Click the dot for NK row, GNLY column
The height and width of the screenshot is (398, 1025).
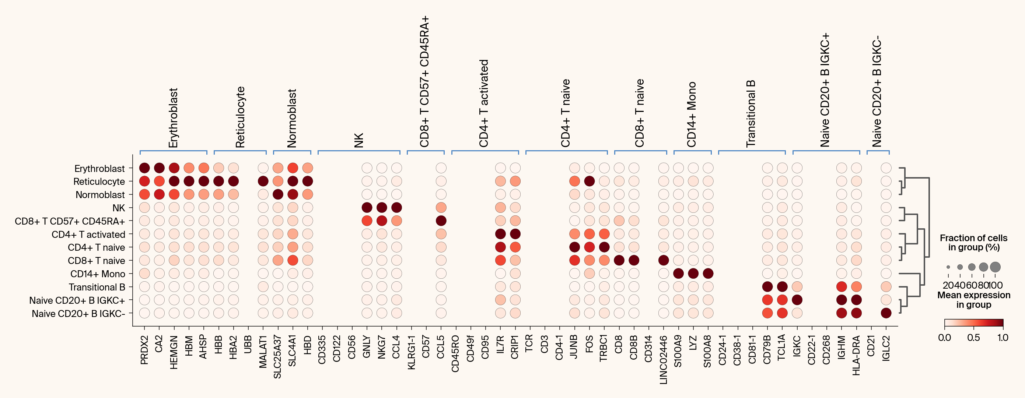point(367,208)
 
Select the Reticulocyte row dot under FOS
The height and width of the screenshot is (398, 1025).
point(589,181)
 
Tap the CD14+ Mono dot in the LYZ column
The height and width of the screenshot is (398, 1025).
point(693,274)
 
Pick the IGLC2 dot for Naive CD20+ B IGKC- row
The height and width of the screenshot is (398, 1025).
point(886,313)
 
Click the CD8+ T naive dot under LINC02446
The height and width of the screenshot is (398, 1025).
point(663,260)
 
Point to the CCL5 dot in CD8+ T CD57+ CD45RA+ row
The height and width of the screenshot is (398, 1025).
point(441,221)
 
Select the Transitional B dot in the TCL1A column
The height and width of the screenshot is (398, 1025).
point(782,287)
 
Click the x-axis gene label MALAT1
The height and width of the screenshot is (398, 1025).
point(263,352)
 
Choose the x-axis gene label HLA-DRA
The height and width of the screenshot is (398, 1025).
point(856,355)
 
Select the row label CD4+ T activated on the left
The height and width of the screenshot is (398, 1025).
point(88,234)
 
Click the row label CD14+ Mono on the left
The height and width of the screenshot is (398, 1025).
point(98,274)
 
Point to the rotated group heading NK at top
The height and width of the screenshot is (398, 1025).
point(359,141)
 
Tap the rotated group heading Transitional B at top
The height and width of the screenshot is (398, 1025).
point(751,114)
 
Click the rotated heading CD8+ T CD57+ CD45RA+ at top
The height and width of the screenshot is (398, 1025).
point(424,82)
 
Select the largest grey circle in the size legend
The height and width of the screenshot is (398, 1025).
point(995,267)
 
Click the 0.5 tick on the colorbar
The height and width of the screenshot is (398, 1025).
point(973,338)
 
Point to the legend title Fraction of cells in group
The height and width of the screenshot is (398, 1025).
point(973,243)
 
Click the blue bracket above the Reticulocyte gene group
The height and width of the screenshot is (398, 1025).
point(240,151)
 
